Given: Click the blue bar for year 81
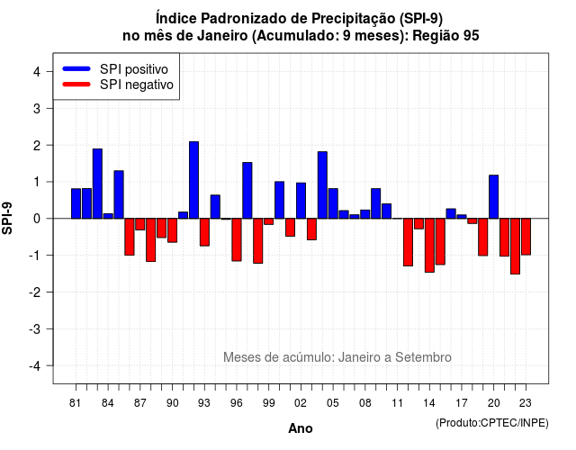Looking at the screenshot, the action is [x=76, y=203].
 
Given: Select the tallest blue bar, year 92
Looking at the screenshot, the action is [x=194, y=180].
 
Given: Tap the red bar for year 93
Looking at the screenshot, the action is [x=204, y=232].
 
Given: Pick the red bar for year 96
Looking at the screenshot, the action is [x=237, y=239].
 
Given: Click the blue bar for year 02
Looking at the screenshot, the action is [x=301, y=201].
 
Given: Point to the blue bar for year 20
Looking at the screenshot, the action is [x=494, y=197].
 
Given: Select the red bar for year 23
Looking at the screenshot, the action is [x=526, y=237].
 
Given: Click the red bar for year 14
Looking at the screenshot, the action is [x=429, y=246].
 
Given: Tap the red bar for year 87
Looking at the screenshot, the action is [x=140, y=224].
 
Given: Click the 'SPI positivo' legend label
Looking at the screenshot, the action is [x=134, y=69].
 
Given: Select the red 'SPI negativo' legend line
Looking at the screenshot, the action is [x=76, y=85].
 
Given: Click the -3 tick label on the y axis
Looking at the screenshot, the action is [x=35, y=328].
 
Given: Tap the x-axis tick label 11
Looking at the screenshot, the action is [x=397, y=403].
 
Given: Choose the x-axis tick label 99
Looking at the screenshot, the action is [x=268, y=403].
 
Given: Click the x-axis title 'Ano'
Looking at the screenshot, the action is [x=301, y=428].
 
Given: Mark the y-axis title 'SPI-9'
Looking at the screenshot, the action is [x=7, y=218].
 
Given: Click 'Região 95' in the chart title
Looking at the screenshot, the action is [x=445, y=36].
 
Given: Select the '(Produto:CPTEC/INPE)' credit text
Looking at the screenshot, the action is [x=492, y=423].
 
